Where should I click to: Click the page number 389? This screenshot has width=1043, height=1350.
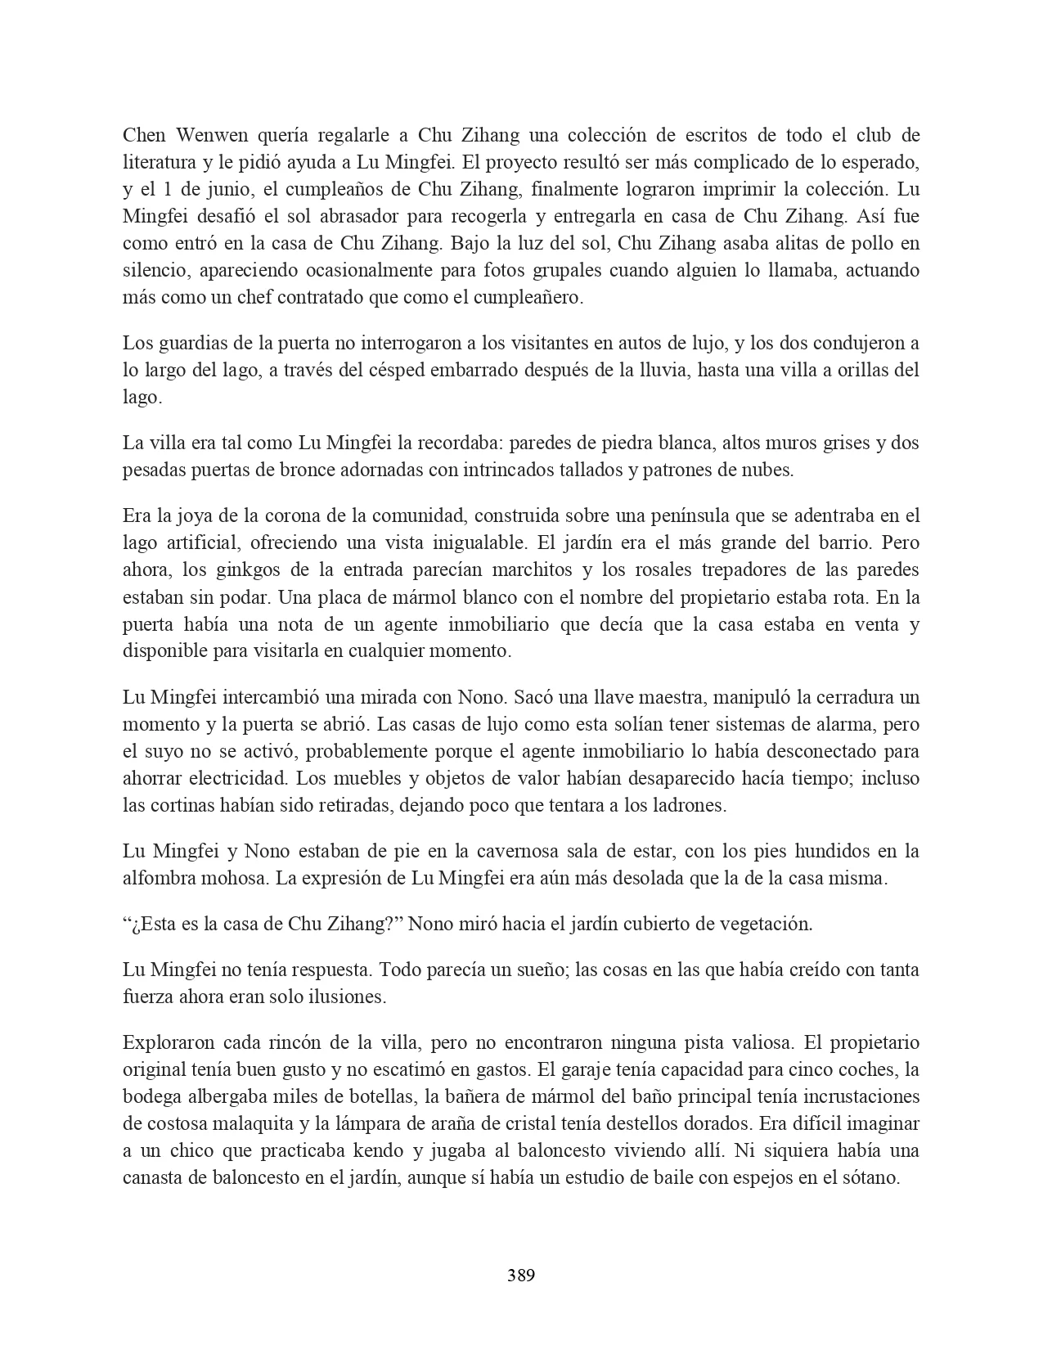click(x=521, y=1275)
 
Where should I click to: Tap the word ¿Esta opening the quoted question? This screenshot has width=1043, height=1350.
click(x=150, y=925)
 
